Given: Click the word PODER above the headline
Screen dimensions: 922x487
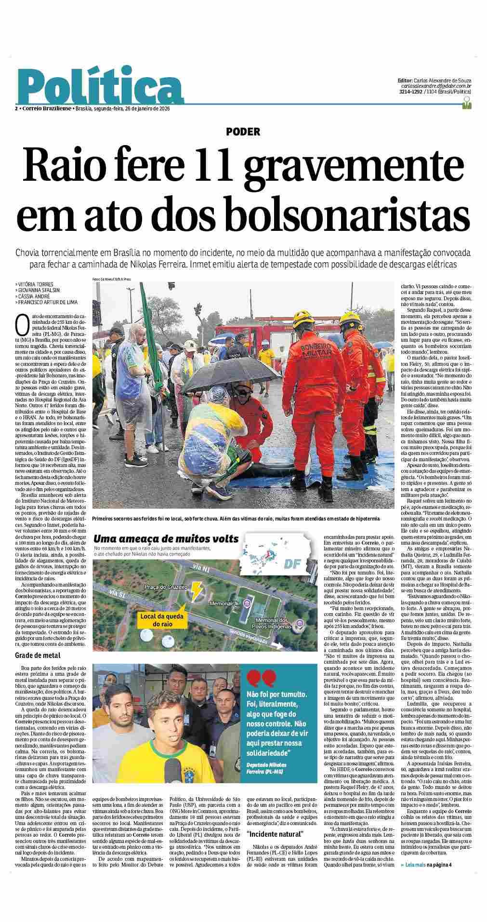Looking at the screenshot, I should pos(243,131).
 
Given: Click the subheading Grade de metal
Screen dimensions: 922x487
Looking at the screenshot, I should pos(38,655).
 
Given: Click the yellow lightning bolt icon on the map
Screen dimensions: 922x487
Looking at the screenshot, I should pos(197,589).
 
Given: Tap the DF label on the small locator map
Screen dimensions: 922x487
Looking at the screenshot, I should pos(292,563).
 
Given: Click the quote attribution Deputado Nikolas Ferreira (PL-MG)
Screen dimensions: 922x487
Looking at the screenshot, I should pos(267,768).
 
